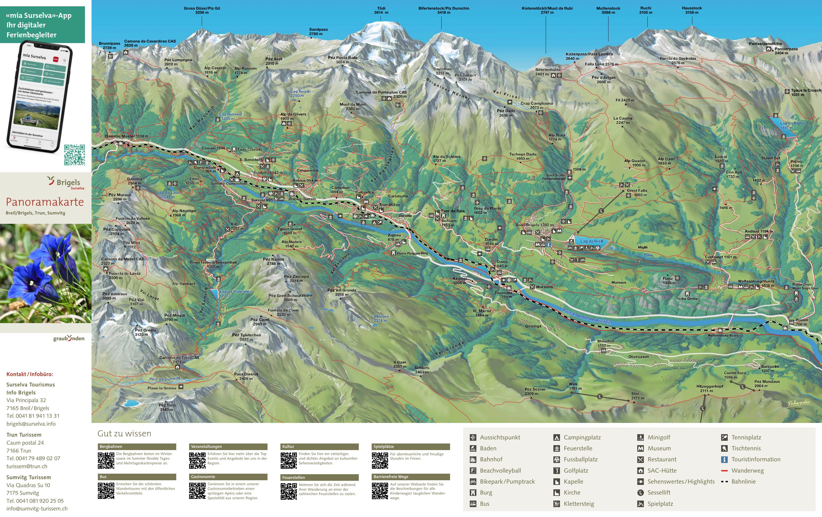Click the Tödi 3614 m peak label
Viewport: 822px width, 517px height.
click(x=381, y=10)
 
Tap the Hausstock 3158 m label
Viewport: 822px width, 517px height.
click(x=692, y=10)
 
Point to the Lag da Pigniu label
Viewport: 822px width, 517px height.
click(x=792, y=125)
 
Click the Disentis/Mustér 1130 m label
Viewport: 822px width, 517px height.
click(x=126, y=136)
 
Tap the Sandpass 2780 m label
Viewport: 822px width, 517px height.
click(x=318, y=32)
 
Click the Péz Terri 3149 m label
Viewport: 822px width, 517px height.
click(x=167, y=407)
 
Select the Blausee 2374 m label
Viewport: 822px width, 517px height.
click(x=381, y=318)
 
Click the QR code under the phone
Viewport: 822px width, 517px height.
click(x=75, y=155)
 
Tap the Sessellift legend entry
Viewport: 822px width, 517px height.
click(x=659, y=492)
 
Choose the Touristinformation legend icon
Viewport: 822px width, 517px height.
click(x=724, y=459)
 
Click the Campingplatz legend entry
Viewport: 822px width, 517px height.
click(x=582, y=437)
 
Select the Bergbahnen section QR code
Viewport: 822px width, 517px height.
click(x=106, y=461)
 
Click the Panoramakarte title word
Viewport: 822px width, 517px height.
click(x=45, y=202)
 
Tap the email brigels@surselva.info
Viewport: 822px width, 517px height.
click(x=31, y=424)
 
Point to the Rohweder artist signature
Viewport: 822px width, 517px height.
click(x=798, y=403)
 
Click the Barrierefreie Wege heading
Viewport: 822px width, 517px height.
click(x=391, y=477)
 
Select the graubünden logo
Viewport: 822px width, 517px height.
click(x=69, y=338)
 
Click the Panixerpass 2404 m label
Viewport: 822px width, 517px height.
click(x=786, y=51)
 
